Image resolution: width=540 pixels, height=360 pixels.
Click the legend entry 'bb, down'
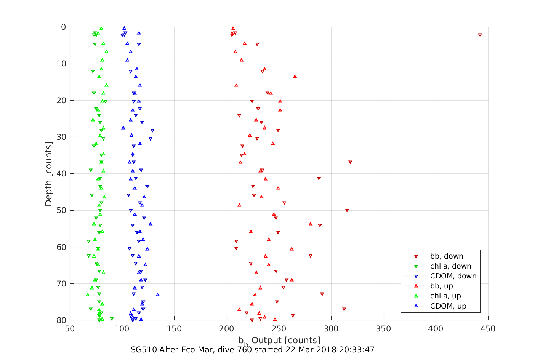pos(446,256)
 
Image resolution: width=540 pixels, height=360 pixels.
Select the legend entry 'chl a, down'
pos(450,266)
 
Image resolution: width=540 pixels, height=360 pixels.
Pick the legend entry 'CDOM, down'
pos(453,276)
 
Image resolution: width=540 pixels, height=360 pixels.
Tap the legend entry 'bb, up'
pos(441,286)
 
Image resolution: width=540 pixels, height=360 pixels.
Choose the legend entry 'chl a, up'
pos(445,296)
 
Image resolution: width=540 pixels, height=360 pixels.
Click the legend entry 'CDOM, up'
pos(448,306)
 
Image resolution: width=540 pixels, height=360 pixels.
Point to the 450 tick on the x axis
pos(488,328)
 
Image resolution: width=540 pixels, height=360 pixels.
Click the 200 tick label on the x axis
pos(227,328)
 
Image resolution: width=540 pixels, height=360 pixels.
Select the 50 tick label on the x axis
pos(70,328)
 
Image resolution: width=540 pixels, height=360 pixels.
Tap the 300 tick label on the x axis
pos(331,328)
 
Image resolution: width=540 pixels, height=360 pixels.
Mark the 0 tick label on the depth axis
pos(63,27)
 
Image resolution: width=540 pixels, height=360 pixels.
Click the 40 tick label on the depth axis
pos(61,174)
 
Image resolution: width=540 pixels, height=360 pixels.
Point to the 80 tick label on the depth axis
pos(61,320)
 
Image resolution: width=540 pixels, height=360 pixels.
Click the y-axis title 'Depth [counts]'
pos(48,174)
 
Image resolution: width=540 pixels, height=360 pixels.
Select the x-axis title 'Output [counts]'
pos(286,340)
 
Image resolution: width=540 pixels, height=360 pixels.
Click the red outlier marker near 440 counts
pos(480,35)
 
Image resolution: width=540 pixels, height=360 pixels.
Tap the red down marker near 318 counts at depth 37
pos(350,162)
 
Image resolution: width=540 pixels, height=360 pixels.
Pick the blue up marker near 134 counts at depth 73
pos(158,294)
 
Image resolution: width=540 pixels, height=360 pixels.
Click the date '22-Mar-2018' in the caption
pos(309,350)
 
